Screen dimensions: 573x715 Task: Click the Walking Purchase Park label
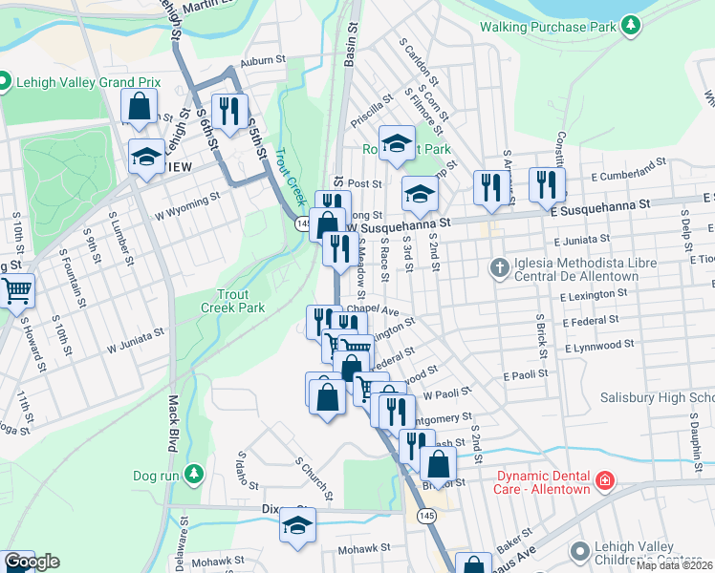coord(548,27)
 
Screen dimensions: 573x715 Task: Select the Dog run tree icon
coord(195,474)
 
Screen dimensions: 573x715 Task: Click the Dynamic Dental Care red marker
coord(604,480)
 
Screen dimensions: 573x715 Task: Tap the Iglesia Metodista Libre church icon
coord(498,266)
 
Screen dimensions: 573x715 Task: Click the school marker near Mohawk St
coord(297,525)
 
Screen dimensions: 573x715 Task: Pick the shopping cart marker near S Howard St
coord(16,288)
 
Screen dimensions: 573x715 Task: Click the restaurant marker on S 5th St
coord(228,110)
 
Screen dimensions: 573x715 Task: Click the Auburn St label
coord(264,60)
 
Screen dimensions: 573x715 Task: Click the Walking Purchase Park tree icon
coord(630,25)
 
